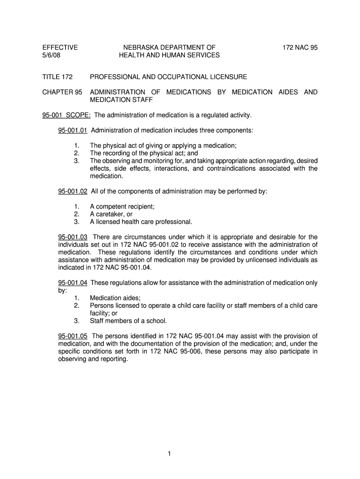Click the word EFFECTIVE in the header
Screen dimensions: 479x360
[60, 47]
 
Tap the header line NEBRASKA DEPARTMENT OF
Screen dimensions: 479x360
[169, 47]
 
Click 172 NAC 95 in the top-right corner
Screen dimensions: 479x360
[300, 47]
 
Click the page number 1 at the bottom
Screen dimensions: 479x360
[180, 453]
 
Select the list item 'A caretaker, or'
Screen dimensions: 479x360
[111, 214]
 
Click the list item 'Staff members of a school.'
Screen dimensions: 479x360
[128, 321]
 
